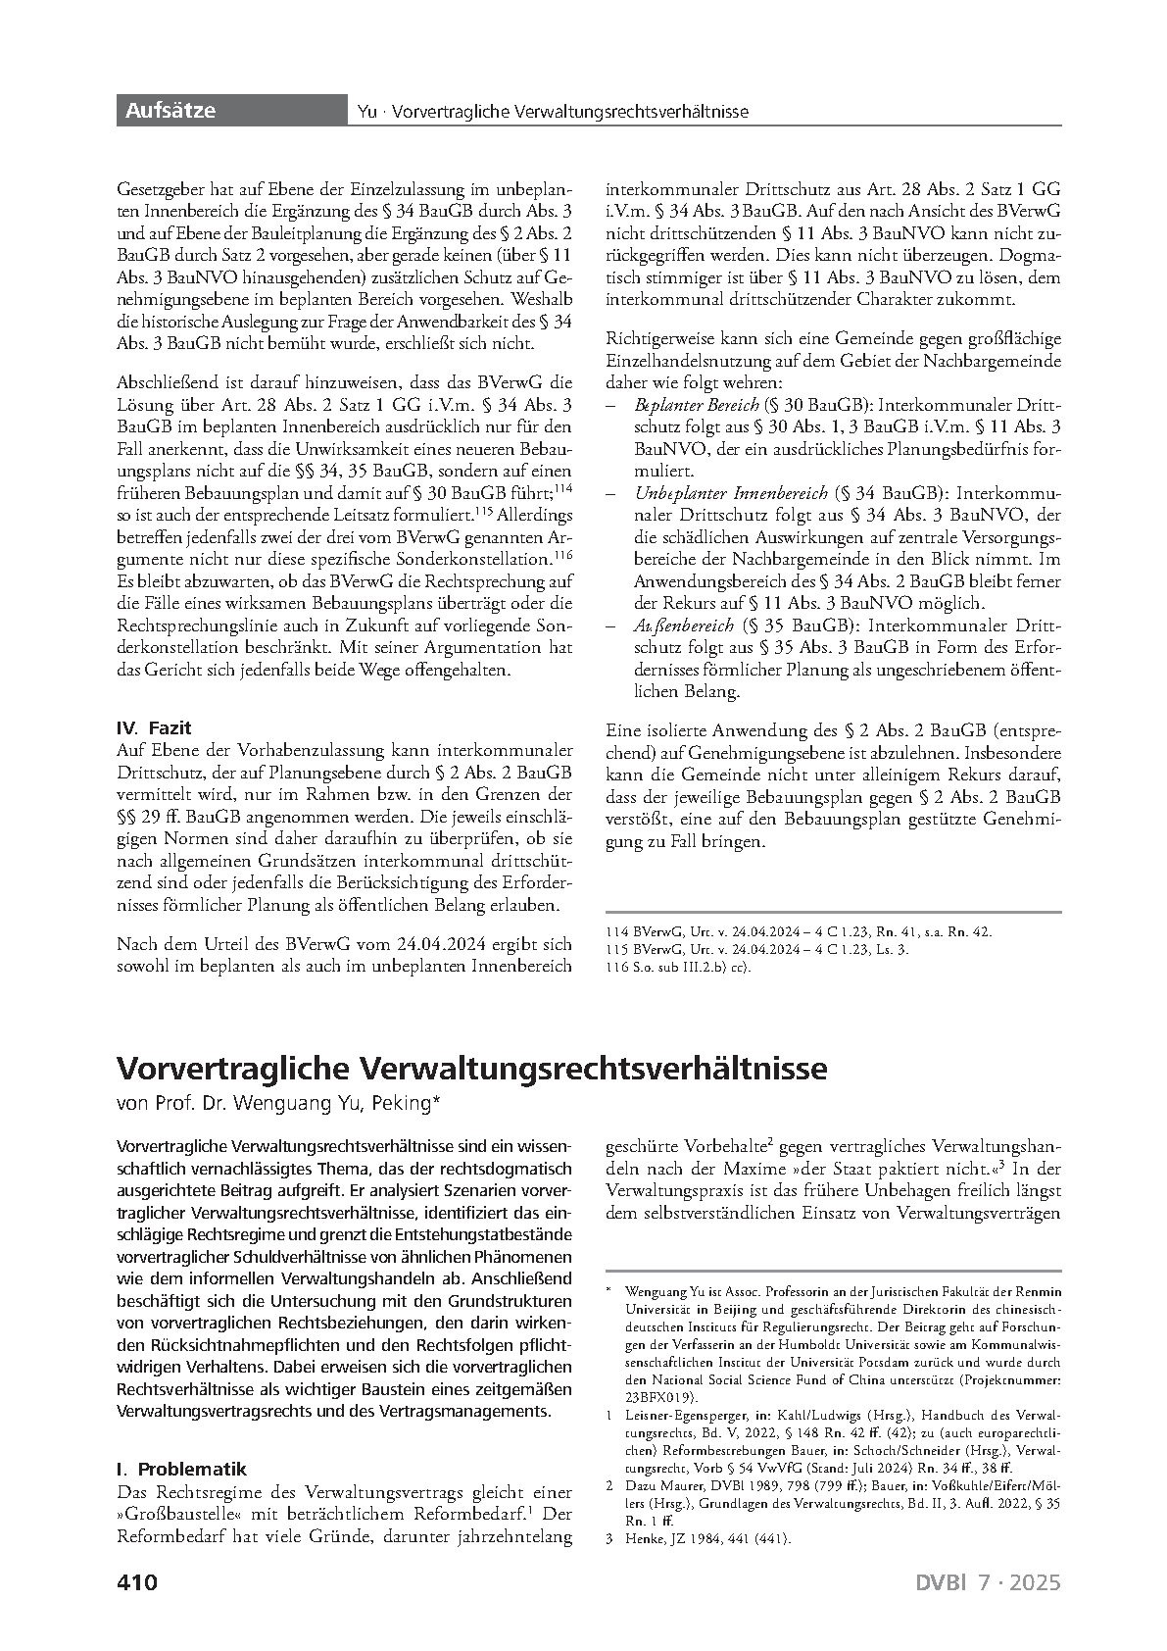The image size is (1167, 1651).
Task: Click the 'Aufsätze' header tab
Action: (170, 111)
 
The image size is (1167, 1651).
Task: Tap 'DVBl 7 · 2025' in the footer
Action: (988, 1582)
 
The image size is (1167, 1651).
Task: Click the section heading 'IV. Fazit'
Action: (154, 727)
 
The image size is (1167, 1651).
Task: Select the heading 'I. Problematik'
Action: (181, 1469)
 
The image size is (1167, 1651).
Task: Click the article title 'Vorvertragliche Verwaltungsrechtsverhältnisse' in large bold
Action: (471, 1067)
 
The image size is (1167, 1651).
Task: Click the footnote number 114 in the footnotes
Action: (617, 932)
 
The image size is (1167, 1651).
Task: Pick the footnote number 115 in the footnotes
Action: (617, 950)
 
